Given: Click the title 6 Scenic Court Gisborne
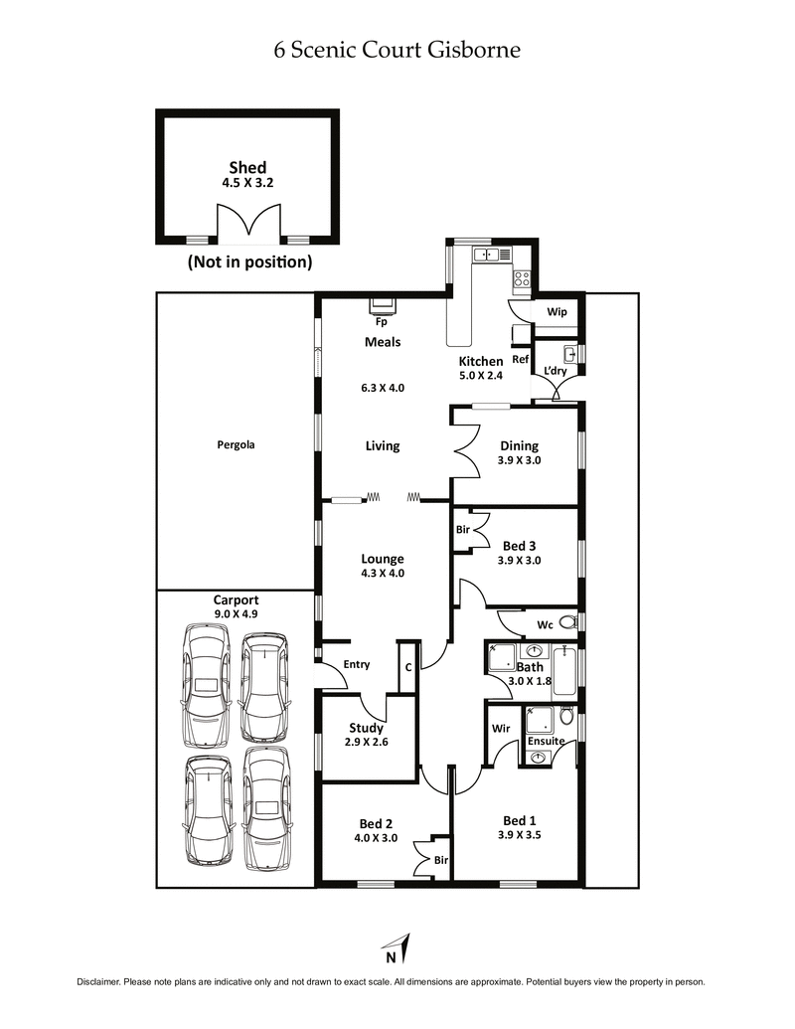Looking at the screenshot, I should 397,50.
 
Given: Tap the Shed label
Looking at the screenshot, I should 247,167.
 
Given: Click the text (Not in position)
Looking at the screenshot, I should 249,262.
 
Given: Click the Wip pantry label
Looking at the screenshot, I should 557,312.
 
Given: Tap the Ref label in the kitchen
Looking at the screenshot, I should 520,359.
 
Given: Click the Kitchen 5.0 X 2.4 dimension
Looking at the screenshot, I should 481,377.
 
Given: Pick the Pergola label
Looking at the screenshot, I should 236,445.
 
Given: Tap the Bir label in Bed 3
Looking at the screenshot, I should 462,529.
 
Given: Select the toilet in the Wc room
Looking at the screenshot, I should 567,623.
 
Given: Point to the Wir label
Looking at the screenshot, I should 501,728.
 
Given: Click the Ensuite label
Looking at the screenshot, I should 546,741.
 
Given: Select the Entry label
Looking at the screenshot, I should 357,664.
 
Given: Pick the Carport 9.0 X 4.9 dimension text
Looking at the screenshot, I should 237,613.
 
